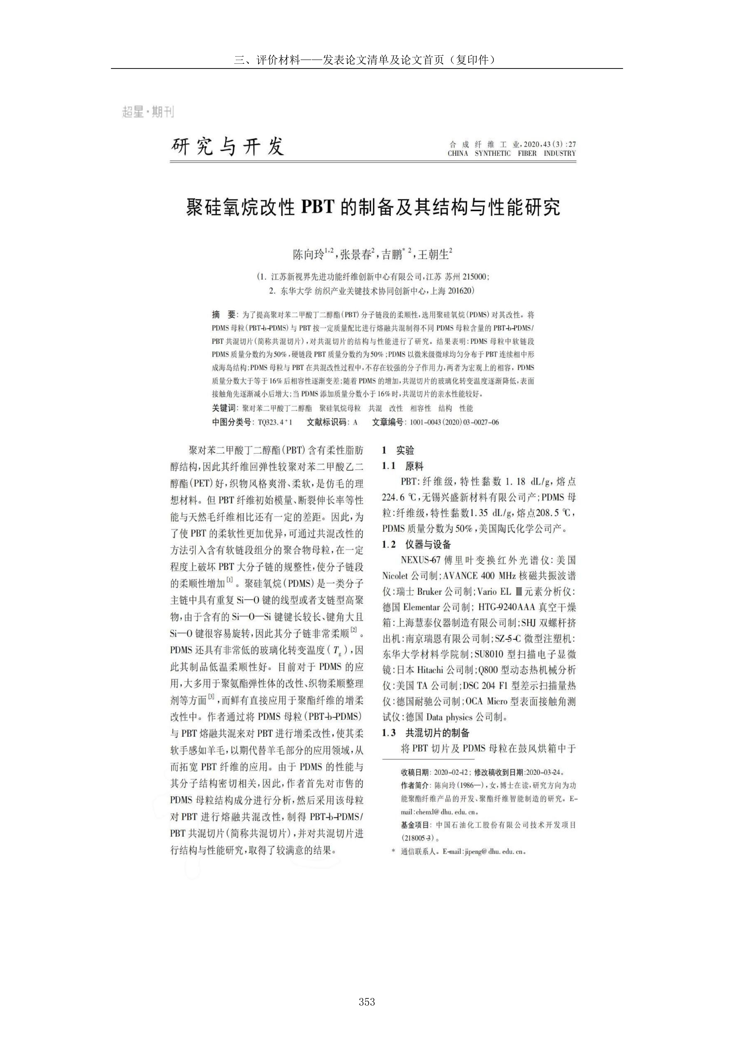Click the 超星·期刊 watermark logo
148,112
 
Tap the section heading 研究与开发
228,147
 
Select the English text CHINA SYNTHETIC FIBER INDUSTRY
511,153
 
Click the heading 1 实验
398,450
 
